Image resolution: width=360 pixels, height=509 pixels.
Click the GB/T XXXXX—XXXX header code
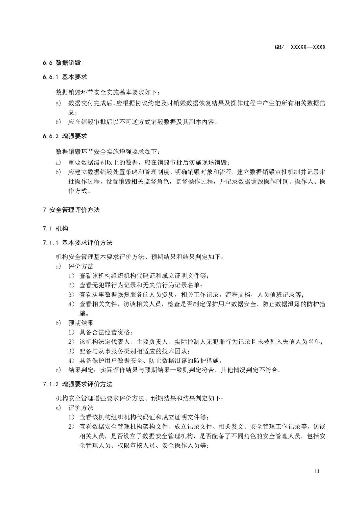click(300, 47)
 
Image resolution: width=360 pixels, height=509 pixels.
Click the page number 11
click(316, 471)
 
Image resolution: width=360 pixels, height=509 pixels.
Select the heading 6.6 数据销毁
click(62, 63)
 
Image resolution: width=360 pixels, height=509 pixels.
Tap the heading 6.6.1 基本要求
click(65, 77)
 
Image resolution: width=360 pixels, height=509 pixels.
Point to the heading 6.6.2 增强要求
click(65, 136)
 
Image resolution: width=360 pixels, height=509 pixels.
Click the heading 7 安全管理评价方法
click(71, 210)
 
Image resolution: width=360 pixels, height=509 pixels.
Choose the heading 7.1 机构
click(55, 228)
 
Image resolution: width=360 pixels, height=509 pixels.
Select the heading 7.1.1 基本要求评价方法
click(77, 243)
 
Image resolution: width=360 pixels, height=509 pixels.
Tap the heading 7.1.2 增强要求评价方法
click(77, 384)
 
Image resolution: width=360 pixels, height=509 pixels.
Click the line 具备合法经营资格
click(106, 332)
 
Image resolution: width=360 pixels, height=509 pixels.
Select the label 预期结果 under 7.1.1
click(81, 323)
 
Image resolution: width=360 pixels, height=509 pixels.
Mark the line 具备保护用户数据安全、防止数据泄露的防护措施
click(150, 360)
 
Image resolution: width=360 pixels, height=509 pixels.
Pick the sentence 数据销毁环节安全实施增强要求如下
click(108, 152)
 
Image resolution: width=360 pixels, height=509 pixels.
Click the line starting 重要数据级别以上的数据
click(149, 163)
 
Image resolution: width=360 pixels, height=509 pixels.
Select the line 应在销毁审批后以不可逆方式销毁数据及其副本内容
click(143, 122)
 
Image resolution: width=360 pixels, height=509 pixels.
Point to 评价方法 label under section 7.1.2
click(81, 408)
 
